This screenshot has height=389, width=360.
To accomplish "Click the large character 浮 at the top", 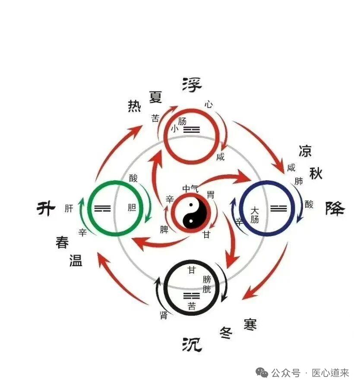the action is tap(192, 85).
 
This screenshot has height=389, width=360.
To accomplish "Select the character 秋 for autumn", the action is tap(316, 173).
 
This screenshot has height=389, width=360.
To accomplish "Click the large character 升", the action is tap(46, 209).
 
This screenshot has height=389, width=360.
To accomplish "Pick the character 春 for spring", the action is tap(62, 242).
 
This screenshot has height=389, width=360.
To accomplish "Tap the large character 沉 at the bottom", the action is tap(192, 344).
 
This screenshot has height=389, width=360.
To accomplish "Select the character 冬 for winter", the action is tap(226, 332).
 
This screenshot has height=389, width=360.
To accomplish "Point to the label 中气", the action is tap(190, 188).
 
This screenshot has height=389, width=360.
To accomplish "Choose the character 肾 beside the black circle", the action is tap(164, 315).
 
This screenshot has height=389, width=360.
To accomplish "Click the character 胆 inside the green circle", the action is tap(132, 208).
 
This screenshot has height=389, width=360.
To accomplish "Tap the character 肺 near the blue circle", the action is tap(298, 182).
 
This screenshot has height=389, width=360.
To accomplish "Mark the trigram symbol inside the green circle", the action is tap(102, 209).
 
